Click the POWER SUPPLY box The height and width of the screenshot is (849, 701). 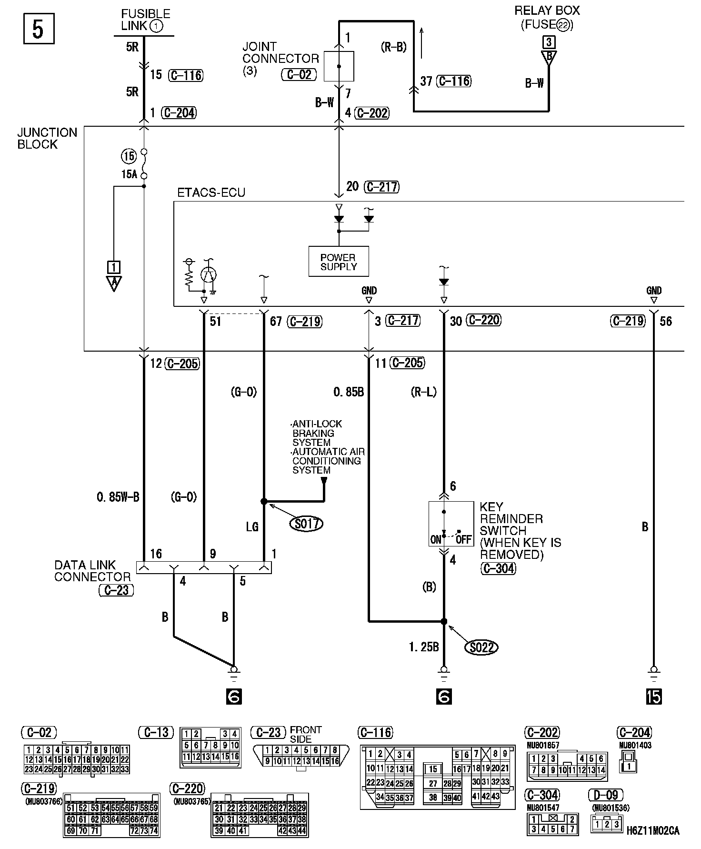(338, 262)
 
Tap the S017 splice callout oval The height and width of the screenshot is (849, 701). (306, 524)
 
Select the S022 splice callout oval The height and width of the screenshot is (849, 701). (481, 647)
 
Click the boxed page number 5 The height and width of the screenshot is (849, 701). (39, 29)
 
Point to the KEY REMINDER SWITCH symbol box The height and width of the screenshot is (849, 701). (451, 523)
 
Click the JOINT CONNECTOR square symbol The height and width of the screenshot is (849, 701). (339, 66)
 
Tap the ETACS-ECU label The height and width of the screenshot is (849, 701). (211, 193)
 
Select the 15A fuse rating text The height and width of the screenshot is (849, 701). (129, 174)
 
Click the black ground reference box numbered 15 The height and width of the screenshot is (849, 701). (654, 697)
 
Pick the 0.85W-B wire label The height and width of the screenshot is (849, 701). (118, 497)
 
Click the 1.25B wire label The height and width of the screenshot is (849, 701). (423, 647)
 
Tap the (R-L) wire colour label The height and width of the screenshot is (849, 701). (423, 392)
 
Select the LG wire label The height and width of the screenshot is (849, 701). (252, 526)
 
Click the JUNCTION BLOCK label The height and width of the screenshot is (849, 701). (47, 138)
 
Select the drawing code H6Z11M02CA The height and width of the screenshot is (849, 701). (652, 830)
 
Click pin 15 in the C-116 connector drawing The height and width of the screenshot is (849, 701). (432, 769)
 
